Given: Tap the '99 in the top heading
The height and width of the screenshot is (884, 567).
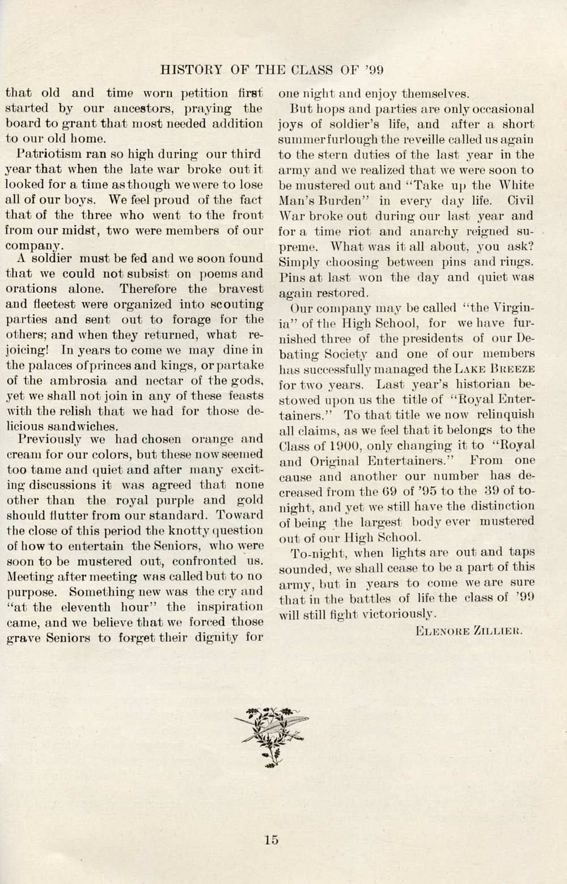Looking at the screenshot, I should (374, 70).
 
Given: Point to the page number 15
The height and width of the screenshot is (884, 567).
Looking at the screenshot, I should (271, 840).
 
